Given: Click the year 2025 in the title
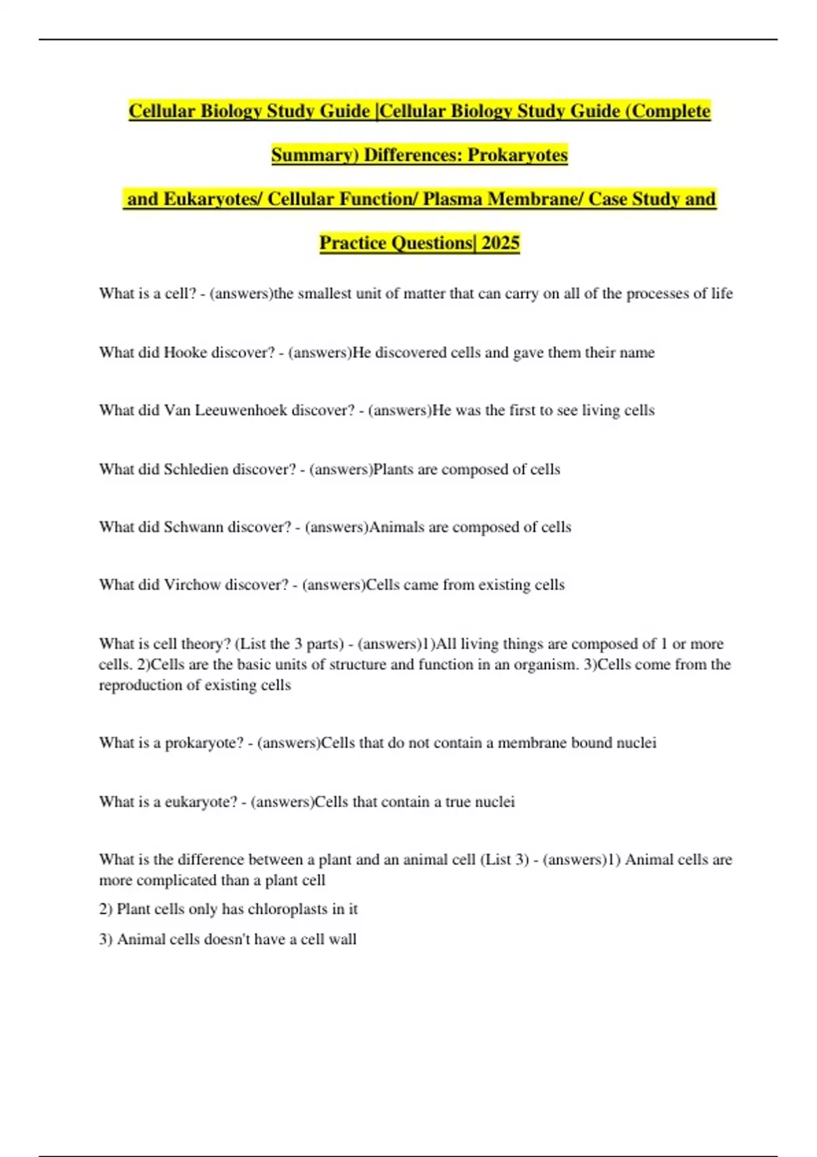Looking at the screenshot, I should click(x=500, y=243).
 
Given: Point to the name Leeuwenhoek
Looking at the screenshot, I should click(x=241, y=410).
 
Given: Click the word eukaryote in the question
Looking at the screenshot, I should click(x=201, y=802).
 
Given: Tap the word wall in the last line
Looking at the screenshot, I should click(x=342, y=939).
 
